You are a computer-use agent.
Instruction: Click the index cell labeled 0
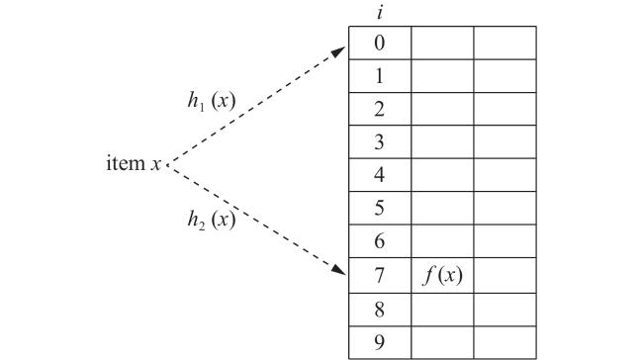tap(380, 44)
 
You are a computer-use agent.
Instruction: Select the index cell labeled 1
tap(380, 76)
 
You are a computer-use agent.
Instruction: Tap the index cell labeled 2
tap(380, 109)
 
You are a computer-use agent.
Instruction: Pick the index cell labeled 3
tap(380, 141)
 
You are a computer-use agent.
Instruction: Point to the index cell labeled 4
tap(380, 175)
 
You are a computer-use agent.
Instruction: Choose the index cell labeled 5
tap(380, 208)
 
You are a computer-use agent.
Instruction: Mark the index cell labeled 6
tap(380, 241)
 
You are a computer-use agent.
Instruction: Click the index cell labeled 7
tap(380, 275)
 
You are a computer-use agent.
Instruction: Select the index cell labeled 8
tap(380, 310)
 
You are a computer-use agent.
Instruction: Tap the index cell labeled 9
tap(380, 343)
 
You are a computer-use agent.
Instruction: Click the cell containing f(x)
tap(442, 275)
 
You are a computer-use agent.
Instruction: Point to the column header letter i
tap(380, 13)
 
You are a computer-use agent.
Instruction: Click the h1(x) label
tap(212, 101)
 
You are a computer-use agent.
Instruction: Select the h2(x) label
tap(212, 220)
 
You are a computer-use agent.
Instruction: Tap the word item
tap(126, 163)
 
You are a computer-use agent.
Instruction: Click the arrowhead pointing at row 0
tap(338, 51)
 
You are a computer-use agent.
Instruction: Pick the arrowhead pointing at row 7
tap(338, 270)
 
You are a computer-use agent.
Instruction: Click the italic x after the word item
tap(155, 165)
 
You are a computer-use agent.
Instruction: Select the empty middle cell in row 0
tap(442, 44)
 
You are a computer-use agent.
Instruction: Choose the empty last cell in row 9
tap(505, 343)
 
